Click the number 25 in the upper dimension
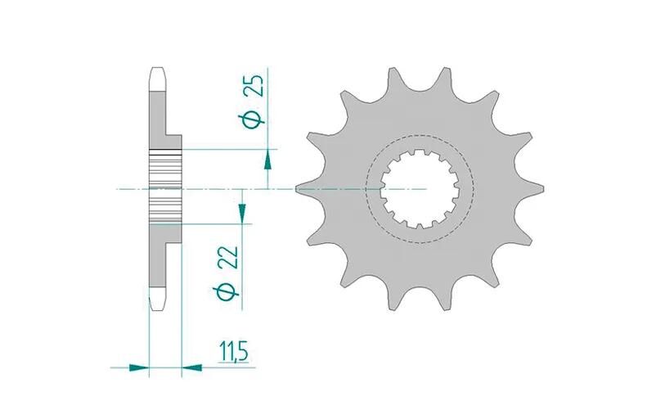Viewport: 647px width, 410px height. tap(254, 86)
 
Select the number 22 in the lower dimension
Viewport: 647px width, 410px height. tap(229, 258)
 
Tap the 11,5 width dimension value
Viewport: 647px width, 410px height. tap(233, 354)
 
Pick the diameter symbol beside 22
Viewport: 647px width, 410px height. tap(227, 291)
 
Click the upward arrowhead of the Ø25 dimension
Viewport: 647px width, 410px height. tap(267, 160)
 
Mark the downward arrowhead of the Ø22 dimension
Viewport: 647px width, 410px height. tap(242, 212)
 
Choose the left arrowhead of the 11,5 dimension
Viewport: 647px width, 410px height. tap(139, 367)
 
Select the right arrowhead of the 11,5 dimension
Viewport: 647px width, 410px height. tap(191, 367)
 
